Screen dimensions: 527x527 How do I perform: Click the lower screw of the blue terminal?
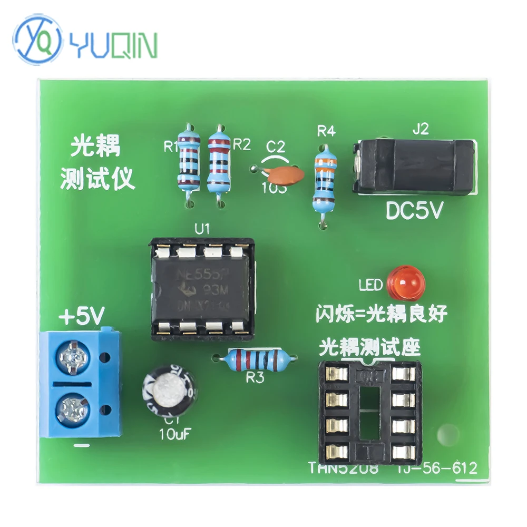click(72, 408)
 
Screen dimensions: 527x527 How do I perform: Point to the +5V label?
click(82, 318)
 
